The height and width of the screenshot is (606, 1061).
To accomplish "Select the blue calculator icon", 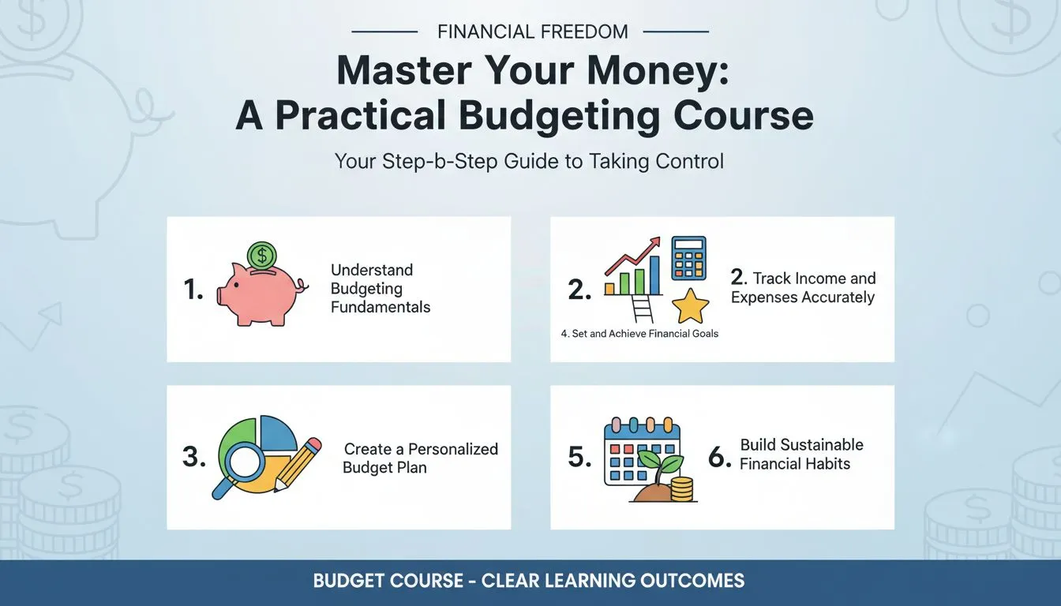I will point(688,258).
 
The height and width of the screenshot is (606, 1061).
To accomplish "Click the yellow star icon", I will point(690,307).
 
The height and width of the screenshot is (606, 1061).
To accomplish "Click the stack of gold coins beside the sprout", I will point(680,488).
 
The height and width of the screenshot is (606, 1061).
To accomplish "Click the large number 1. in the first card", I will point(193,290).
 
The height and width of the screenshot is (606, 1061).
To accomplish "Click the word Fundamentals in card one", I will point(381,308).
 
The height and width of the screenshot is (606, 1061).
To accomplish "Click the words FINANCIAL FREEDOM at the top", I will point(533,32).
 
